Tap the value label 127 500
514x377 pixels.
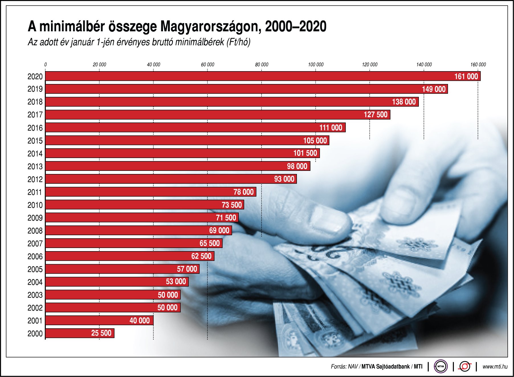pyautogui.click(x=376, y=115)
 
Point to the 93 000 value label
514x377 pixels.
pyautogui.click(x=284, y=179)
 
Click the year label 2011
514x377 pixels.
pyautogui.click(x=35, y=192)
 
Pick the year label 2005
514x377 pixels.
pyautogui.click(x=35, y=269)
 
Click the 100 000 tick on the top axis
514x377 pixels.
pyautogui.click(x=316, y=65)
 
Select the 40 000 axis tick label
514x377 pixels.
pyautogui.click(x=153, y=65)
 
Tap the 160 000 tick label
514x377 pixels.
pyautogui.click(x=478, y=65)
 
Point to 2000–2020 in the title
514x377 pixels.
pyautogui.click(x=295, y=26)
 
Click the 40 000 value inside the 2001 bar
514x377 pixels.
pyautogui.click(x=139, y=321)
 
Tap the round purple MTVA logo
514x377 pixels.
pyautogui.click(x=440, y=366)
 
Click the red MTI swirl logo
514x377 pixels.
pyautogui.click(x=465, y=366)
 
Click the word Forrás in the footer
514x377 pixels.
pyautogui.click(x=338, y=367)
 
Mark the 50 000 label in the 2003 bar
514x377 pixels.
pyautogui.click(x=168, y=295)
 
